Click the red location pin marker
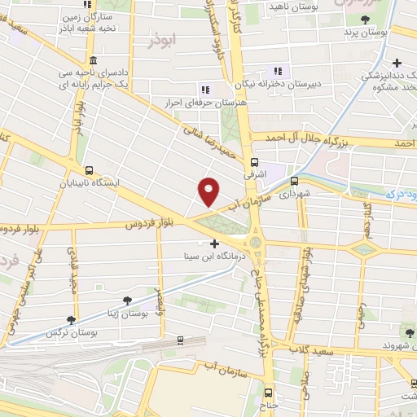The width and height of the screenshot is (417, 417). [209, 191]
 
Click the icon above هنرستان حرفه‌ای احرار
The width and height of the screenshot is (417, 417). [204, 89]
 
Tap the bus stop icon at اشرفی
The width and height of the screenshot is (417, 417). [256, 161]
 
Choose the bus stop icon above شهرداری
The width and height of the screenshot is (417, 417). [294, 182]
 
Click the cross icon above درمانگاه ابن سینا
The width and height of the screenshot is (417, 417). [215, 244]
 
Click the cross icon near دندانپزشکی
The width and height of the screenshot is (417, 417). [397, 63]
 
